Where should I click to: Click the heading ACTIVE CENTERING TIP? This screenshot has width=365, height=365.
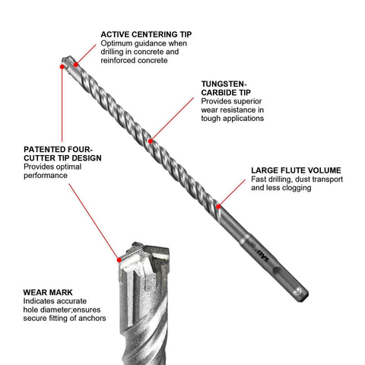tap(145, 34)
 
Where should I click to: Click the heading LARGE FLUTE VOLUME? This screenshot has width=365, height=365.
tap(295, 170)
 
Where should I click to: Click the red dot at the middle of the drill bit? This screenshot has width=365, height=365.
tap(151, 140)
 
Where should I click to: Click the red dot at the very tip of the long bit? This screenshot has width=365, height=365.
tap(61, 67)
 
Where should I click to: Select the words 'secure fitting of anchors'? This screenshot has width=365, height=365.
tap(65, 319)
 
